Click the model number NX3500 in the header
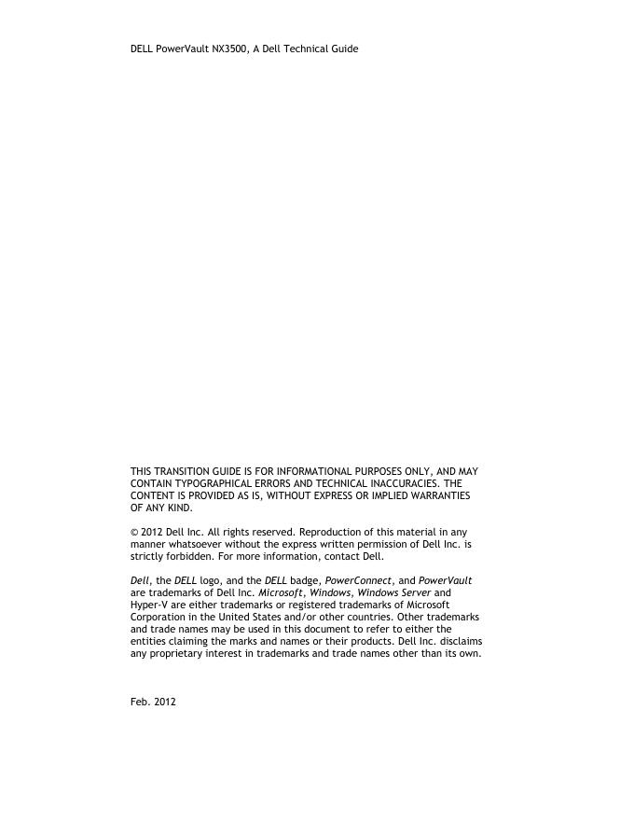tap(229, 49)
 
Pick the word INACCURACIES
tap(399, 484)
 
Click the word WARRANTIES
tap(442, 496)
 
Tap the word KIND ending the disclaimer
tap(179, 508)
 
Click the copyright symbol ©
tap(134, 532)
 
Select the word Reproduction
tap(328, 532)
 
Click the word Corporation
tap(158, 617)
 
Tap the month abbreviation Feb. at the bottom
tap(140, 702)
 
